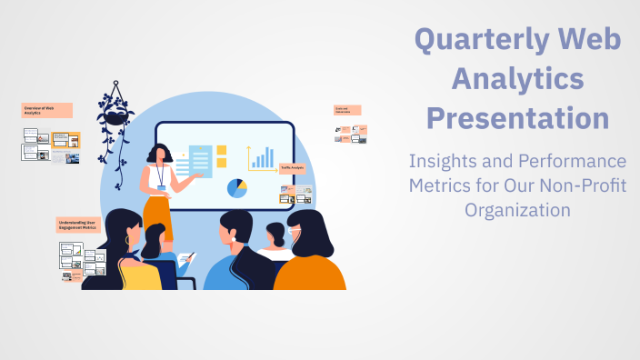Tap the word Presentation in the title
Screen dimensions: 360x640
coord(518,118)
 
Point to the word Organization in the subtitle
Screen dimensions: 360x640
coord(518,209)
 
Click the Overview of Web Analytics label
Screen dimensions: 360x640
coord(46,110)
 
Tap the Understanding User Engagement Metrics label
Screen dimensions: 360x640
coord(78,225)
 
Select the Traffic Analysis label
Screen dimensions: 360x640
coord(292,168)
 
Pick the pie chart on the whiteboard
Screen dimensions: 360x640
coord(236,188)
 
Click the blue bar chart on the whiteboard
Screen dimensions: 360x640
coord(263,159)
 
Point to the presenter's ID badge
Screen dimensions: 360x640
coord(162,188)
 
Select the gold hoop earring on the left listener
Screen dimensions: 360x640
coord(127,239)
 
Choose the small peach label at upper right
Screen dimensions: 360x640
coord(346,110)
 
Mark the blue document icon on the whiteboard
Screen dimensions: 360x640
coord(200,161)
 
